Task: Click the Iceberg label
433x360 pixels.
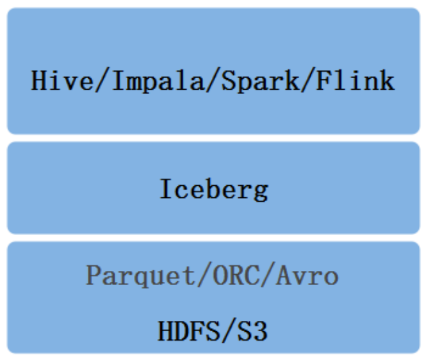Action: coord(213,190)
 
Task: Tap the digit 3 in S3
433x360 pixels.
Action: coord(261,331)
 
